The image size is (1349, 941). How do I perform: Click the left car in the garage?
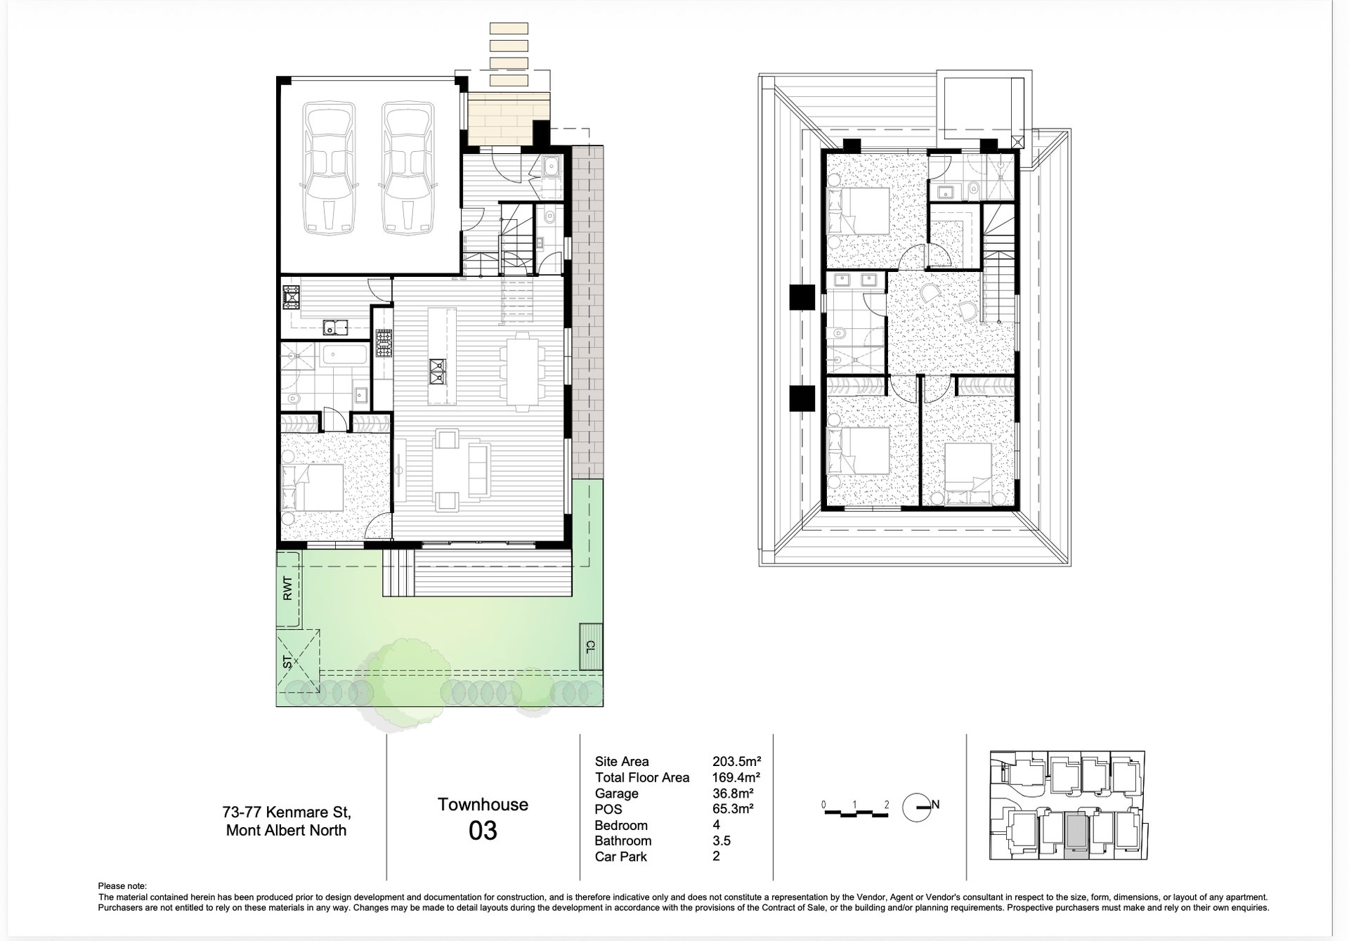[327, 169]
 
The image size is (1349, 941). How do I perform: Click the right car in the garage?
[405, 169]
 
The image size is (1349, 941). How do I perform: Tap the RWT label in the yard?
[287, 588]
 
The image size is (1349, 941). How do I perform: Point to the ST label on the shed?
[287, 661]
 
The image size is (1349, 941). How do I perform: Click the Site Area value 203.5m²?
[737, 761]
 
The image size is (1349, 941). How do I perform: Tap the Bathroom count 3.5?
[722, 841]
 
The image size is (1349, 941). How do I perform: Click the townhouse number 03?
[483, 831]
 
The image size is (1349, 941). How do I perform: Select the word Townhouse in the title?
[483, 805]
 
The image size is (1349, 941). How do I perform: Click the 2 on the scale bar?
[887, 805]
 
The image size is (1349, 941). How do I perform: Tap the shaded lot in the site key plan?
[1076, 836]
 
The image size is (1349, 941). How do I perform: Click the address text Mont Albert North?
[286, 831]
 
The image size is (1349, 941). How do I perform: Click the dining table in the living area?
[523, 371]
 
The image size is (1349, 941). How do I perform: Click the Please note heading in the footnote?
[123, 887]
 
